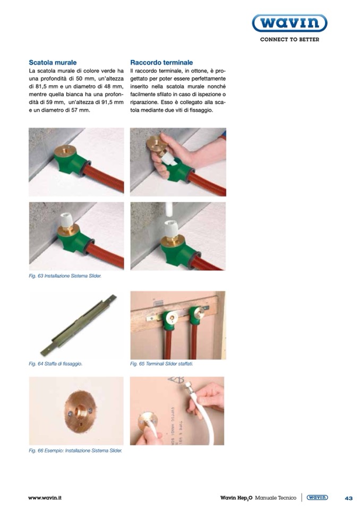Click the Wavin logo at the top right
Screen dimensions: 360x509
point(289,23)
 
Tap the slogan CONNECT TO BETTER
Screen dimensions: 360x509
point(289,40)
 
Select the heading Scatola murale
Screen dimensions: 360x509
point(53,62)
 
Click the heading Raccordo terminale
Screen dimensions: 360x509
point(161,62)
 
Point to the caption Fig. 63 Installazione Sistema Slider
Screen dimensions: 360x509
point(65,276)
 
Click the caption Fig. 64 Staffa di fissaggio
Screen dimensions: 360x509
point(56,364)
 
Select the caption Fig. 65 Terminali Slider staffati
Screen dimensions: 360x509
point(161,364)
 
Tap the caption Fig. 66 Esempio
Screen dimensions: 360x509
point(75,451)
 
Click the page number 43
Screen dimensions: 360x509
point(349,498)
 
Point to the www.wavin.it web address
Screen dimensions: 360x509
point(45,498)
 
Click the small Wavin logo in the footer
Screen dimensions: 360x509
point(317,497)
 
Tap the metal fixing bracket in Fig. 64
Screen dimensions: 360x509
point(78,325)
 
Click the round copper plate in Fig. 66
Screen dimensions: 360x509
point(79,411)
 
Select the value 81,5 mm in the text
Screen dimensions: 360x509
point(42,87)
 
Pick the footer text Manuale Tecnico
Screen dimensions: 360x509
point(276,498)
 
